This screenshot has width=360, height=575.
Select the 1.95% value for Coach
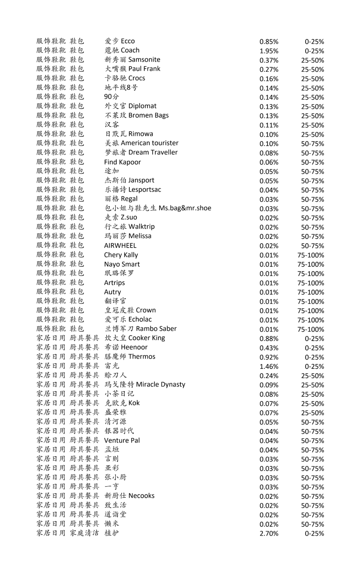click(x=269, y=51)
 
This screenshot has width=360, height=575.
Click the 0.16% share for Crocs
click(x=269, y=79)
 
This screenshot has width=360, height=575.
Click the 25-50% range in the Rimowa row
click(x=312, y=135)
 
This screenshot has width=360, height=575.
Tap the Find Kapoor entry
click(x=122, y=162)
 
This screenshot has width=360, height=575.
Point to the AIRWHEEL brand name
click(x=120, y=246)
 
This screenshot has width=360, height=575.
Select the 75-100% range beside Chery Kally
click(x=310, y=255)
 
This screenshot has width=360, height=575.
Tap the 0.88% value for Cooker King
click(x=269, y=339)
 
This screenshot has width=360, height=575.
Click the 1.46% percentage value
click(x=269, y=367)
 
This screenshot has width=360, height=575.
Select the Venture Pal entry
click(x=122, y=441)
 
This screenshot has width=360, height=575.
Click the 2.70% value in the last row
click(x=269, y=533)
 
